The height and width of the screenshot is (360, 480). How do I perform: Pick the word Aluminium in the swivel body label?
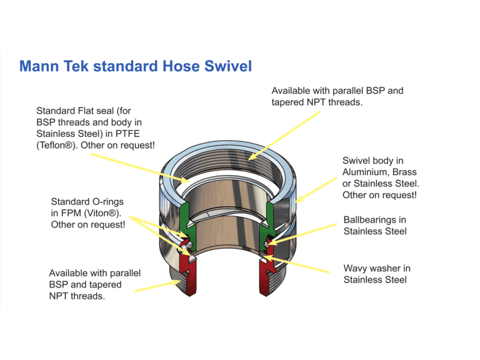(x=368, y=172)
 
